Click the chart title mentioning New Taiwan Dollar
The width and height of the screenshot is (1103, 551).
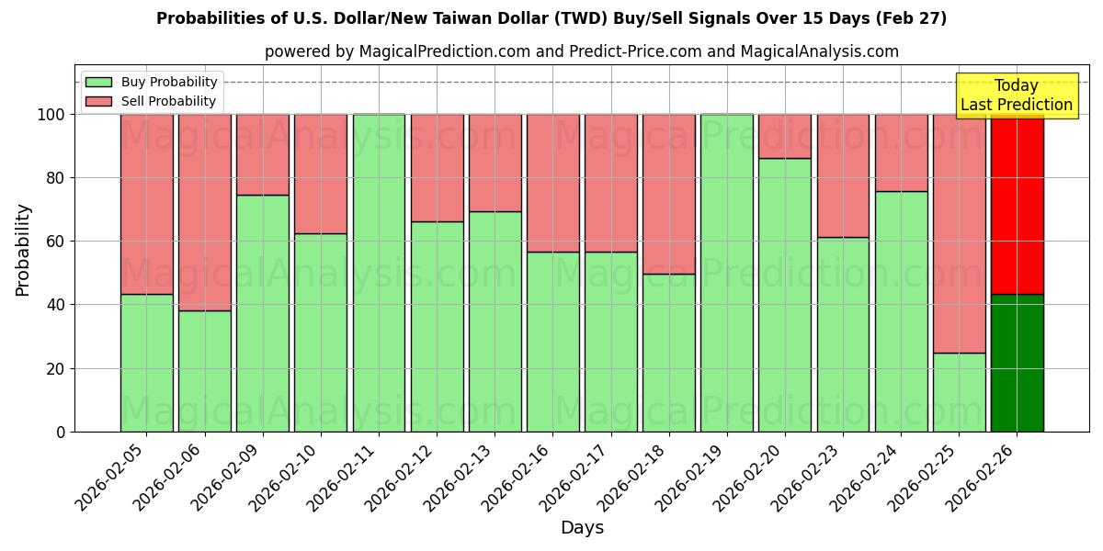tap(551, 18)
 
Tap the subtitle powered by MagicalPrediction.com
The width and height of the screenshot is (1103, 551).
tap(581, 51)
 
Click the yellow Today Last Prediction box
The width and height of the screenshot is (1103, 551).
tap(1016, 96)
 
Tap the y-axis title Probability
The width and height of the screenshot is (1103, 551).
tap(23, 249)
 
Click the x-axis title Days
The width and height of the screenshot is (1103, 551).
tap(582, 528)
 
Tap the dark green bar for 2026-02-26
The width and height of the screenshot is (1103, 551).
tap(1017, 363)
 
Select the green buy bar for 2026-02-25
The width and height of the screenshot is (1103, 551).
tap(959, 392)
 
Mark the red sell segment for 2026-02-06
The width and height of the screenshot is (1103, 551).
tap(204, 212)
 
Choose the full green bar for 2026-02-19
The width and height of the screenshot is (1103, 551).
tap(726, 273)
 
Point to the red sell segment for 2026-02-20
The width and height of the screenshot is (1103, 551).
tap(784, 136)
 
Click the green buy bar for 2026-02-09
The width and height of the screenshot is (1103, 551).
tap(262, 313)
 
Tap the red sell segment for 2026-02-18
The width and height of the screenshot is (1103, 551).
tap(668, 194)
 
